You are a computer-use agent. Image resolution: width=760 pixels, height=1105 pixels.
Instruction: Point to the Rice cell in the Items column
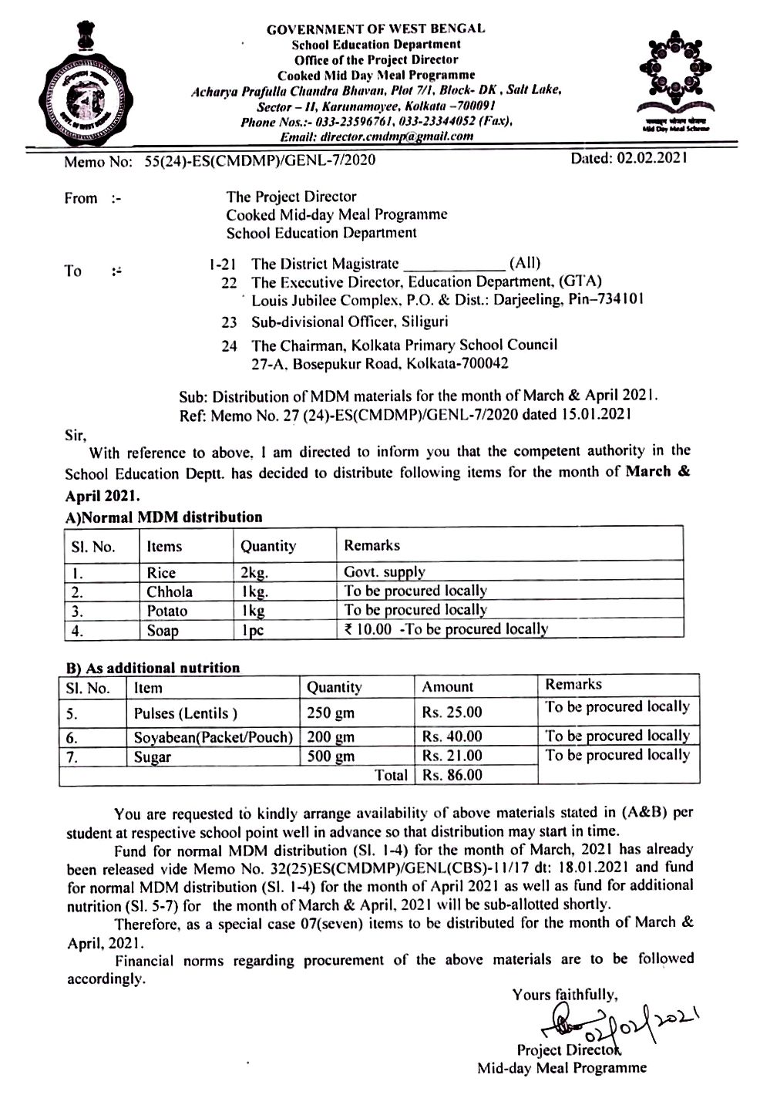[x=161, y=573]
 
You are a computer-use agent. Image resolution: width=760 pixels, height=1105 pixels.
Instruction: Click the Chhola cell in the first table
[x=170, y=591]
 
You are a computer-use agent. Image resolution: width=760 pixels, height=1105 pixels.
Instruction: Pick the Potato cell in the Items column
[x=167, y=611]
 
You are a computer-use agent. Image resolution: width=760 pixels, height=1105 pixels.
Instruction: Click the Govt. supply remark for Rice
[x=385, y=572]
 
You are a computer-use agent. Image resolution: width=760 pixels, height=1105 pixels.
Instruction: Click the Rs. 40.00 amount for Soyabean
[x=452, y=736]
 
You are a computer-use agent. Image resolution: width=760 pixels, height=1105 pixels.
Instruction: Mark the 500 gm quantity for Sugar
[x=331, y=756]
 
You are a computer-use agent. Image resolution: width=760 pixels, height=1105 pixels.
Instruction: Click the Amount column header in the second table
[x=448, y=686]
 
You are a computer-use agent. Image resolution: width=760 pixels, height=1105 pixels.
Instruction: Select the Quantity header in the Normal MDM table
[x=267, y=546]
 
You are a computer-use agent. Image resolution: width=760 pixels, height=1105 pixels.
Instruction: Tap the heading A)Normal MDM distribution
[x=163, y=517]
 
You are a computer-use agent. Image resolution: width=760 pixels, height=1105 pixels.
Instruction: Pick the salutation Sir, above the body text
[x=75, y=434]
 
